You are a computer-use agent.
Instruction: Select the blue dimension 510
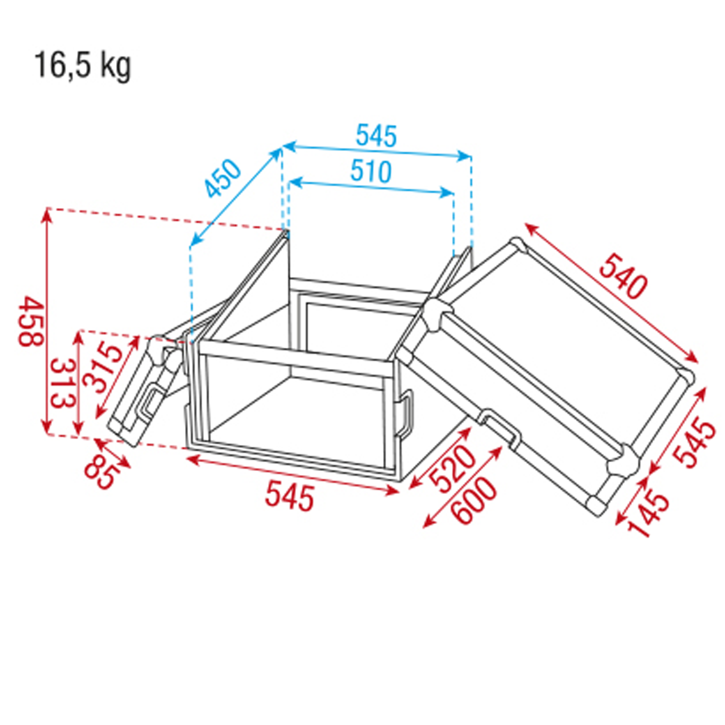[x=371, y=172]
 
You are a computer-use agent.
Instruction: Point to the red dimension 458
[x=31, y=322]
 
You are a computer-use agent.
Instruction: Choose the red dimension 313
[x=62, y=384]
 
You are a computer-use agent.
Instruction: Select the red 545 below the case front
[x=289, y=498]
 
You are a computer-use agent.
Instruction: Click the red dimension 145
[x=649, y=514]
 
